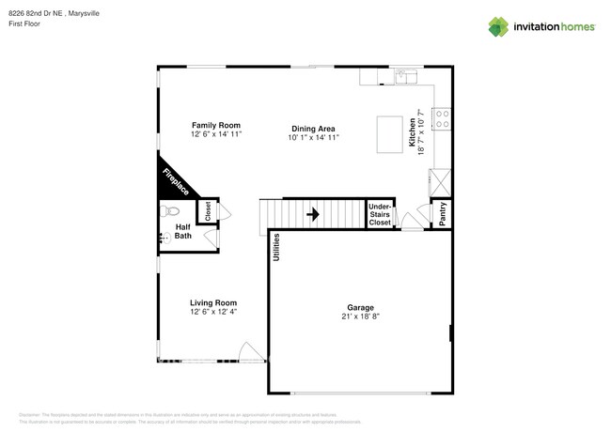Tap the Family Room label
pos(216,125)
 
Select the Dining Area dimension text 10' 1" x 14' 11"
pos(313,138)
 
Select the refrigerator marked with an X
pos(440,179)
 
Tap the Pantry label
pos(442,214)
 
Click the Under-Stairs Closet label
pos(380,214)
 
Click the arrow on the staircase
pos(313,214)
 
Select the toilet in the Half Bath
pos(167,210)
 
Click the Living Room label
pos(213,302)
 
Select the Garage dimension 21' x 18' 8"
pos(360,317)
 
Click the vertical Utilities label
pos(277,246)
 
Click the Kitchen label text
pos(411,131)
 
